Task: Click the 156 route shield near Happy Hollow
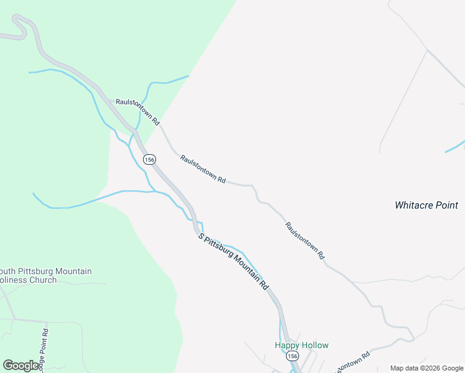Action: coord(293,356)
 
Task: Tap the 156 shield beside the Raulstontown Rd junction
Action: coord(149,160)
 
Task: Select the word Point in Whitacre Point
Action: coord(446,205)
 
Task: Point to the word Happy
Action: coord(287,345)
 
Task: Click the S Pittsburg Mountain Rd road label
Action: coord(233,262)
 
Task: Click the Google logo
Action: coord(21,366)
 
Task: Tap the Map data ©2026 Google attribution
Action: coord(426,368)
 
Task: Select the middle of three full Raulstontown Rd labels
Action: coord(203,168)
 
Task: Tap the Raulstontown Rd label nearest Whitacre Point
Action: coord(305,241)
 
